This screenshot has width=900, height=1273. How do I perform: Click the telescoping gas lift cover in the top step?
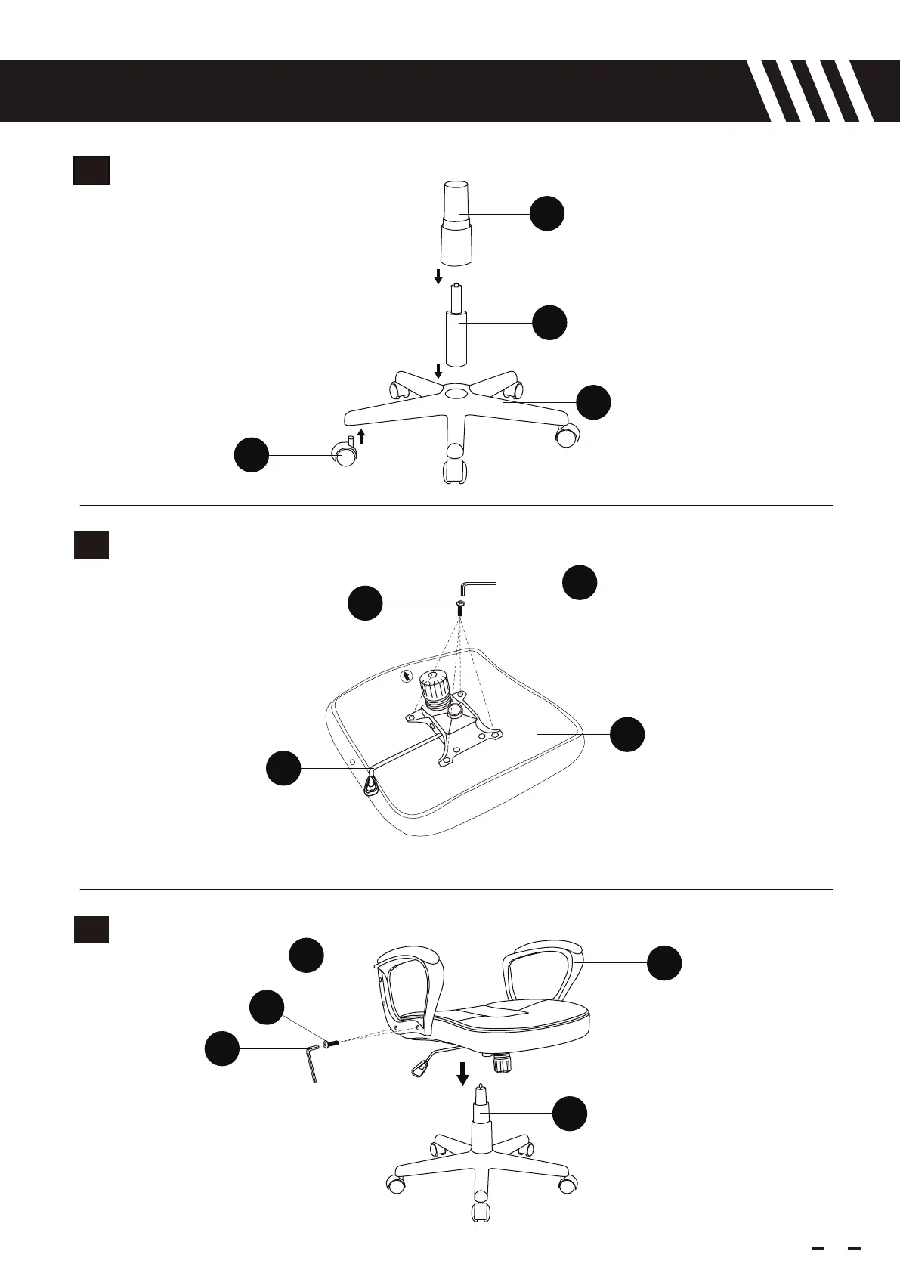tap(456, 223)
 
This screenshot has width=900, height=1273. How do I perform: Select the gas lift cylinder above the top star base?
tap(456, 333)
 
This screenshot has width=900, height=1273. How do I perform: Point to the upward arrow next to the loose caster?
tap(362, 435)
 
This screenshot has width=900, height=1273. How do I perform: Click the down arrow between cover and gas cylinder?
tap(438, 277)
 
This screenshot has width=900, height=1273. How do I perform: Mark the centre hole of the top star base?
tap(456, 393)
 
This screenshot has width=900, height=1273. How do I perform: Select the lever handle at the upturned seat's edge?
tap(370, 785)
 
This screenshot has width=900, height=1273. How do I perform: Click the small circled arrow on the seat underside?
tap(407, 675)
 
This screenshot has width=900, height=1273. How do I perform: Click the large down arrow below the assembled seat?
tap(462, 1072)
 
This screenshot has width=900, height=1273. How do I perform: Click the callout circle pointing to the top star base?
tap(594, 402)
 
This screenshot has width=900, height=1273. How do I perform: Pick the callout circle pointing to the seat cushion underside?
tap(627, 735)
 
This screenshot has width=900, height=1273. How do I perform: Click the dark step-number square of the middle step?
tap(91, 545)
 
